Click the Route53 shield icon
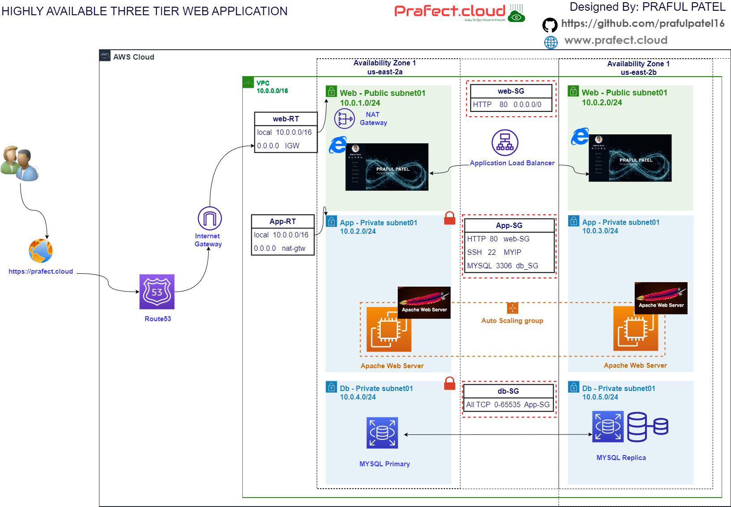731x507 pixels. coord(157,292)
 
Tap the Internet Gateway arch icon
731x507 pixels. coord(210,218)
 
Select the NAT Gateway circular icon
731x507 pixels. coord(344,119)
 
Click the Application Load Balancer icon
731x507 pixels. coord(505,142)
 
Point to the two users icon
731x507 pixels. coord(20,163)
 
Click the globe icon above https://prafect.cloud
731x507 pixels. coord(41,251)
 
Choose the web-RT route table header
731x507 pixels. coord(286,119)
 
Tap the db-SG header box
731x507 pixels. coord(508,391)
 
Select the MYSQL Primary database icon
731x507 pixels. coord(382,433)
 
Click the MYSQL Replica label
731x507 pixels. coord(621,458)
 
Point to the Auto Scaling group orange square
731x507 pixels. coord(512,308)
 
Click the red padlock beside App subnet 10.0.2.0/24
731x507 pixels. coord(450,218)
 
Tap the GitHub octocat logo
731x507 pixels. coord(550,25)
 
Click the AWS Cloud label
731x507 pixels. coord(133,57)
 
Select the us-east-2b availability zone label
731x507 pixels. coord(638,72)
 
